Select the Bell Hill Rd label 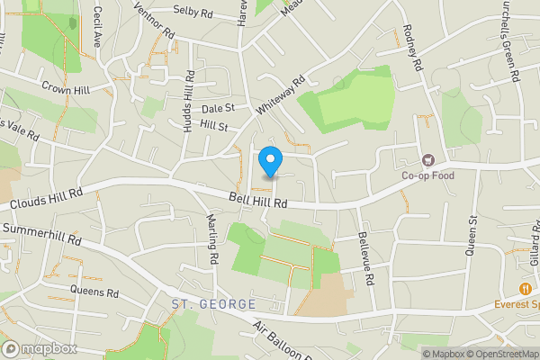(x=257, y=201)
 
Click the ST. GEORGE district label (x=213, y=305)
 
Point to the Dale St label (x=218, y=108)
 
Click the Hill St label (x=215, y=125)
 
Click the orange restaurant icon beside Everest (x=524, y=289)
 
